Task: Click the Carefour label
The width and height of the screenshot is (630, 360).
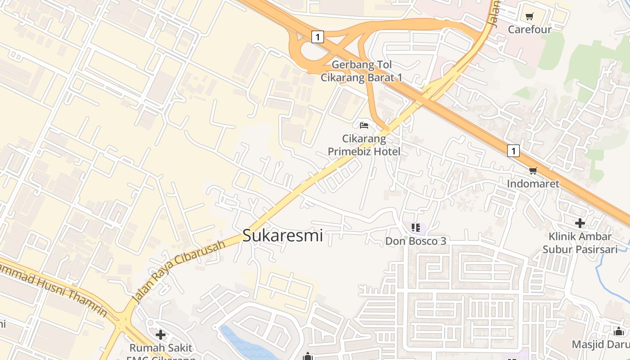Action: [x=530, y=30]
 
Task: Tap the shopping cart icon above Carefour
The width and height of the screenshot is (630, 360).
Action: [x=530, y=17]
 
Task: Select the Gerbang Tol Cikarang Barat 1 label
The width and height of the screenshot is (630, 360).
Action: [x=361, y=71]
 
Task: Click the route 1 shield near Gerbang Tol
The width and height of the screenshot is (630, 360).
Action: [x=318, y=36]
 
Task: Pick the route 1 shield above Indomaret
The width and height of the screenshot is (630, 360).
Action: [x=513, y=151]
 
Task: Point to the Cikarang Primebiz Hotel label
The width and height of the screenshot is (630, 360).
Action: [x=364, y=145]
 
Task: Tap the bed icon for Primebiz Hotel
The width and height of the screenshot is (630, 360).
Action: [x=364, y=125]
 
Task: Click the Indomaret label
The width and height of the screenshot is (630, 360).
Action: [x=533, y=184]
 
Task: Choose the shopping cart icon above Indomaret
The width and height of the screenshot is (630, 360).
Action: [x=533, y=171]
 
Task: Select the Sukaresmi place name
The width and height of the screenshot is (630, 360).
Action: [x=283, y=235]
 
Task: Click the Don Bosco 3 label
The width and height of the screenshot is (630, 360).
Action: [x=416, y=241]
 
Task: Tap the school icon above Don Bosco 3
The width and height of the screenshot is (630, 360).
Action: [x=416, y=228]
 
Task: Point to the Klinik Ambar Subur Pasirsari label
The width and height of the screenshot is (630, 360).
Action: [x=580, y=243]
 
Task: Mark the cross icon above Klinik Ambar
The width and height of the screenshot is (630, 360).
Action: [x=580, y=223]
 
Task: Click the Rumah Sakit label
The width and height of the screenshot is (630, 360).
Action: [x=161, y=348]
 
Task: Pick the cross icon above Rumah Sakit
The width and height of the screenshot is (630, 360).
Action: [x=161, y=335]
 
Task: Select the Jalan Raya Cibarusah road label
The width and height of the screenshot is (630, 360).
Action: [x=179, y=272]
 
